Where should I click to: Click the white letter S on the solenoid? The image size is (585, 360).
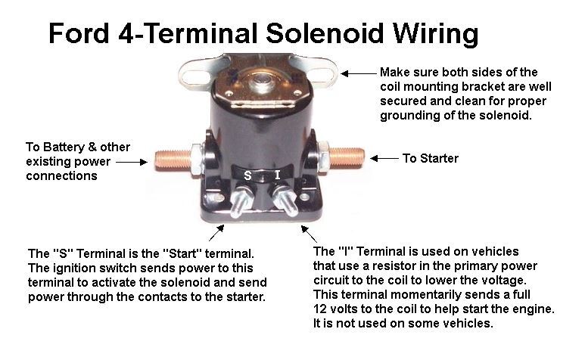[247, 175]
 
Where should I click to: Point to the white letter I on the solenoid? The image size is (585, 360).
[277, 175]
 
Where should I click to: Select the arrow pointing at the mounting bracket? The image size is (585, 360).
[358, 73]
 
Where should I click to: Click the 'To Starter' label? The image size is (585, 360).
[430, 159]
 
